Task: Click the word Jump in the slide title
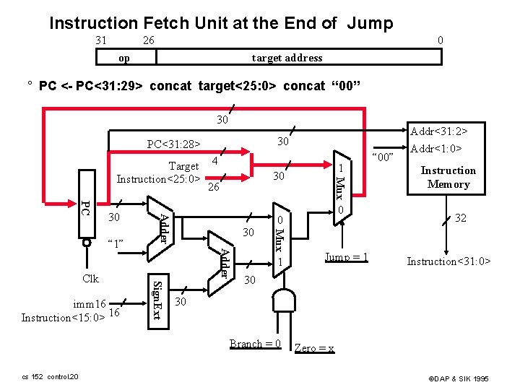(369, 23)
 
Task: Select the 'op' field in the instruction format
(124, 57)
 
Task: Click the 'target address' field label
(287, 57)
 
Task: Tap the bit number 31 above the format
(101, 40)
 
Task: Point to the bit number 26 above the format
(147, 40)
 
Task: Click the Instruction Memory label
(448, 177)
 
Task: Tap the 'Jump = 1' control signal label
(346, 258)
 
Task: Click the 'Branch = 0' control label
(255, 344)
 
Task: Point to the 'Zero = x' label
(314, 348)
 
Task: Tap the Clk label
(90, 278)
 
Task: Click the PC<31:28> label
(173, 144)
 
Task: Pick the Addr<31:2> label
(438, 131)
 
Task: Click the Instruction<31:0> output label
(448, 261)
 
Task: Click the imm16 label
(95, 303)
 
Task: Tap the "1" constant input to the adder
(116, 244)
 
